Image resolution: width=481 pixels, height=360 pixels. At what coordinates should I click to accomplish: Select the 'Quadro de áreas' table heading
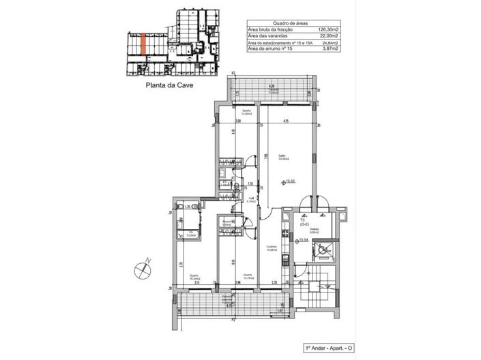pos(288,22)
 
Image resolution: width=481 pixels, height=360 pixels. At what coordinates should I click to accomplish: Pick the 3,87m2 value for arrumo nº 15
pos(329,49)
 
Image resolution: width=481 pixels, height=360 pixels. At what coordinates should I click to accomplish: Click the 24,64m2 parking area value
pos(328,43)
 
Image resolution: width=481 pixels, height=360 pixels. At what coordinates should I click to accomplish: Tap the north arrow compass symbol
pos(143,268)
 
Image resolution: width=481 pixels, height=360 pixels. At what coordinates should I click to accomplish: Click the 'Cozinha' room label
pos(272,248)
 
